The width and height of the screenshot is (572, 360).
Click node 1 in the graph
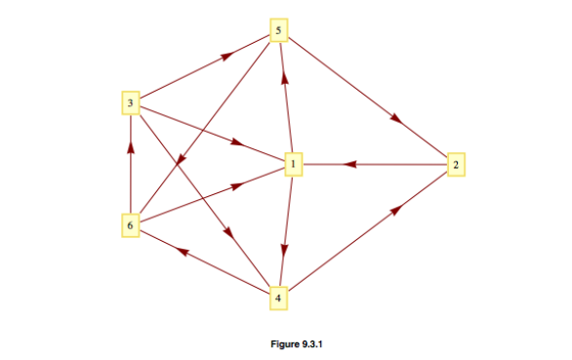tap(291, 164)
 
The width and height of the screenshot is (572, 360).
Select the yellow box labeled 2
tap(454, 164)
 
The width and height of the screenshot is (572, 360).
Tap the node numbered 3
tap(130, 101)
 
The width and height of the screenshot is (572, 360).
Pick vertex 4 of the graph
tap(280, 297)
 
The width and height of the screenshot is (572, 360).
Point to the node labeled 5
tap(280, 32)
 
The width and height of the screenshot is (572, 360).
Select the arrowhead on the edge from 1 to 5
tap(284, 75)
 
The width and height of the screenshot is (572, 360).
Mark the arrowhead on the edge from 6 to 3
tap(131, 148)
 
